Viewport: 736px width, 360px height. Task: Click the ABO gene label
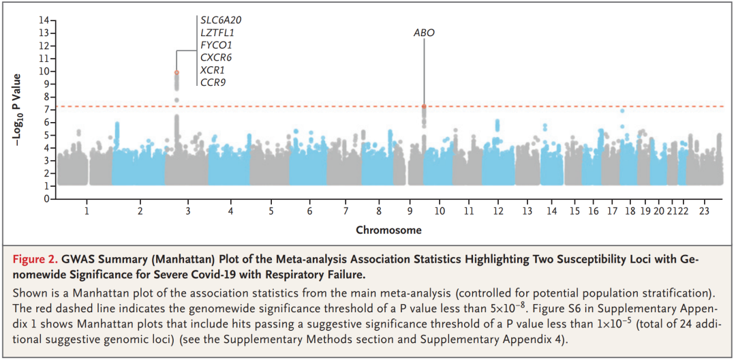coord(424,33)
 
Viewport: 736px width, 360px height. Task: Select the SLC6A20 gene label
coord(221,20)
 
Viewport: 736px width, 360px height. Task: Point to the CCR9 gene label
coord(213,82)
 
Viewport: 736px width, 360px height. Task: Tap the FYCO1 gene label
coord(216,45)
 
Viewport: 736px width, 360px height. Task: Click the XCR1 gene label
coord(212,70)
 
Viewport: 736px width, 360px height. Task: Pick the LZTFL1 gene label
coord(217,33)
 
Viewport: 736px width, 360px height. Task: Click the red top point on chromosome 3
coord(177,72)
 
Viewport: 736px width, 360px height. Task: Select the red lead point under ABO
coord(424,106)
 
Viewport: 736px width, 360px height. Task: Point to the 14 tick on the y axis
coord(44,20)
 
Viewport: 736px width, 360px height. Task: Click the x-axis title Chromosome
coord(388,230)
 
